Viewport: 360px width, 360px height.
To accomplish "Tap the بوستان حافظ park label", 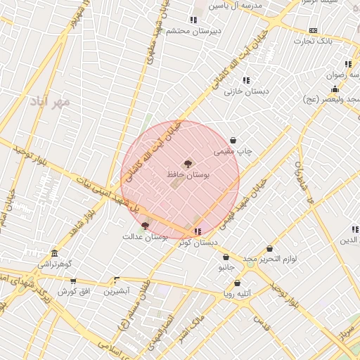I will click(x=185, y=172).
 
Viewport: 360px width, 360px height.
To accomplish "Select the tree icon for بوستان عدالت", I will click(x=145, y=225).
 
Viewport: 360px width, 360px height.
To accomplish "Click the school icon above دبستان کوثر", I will click(x=198, y=231).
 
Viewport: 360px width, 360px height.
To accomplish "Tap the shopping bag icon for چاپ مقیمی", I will click(x=233, y=141).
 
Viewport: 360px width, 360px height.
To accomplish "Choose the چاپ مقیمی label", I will click(x=233, y=151).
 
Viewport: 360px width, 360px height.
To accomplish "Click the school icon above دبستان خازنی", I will click(x=245, y=80).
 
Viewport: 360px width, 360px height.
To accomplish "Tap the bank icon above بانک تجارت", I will click(x=313, y=30).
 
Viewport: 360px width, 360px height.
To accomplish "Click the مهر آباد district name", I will click(x=51, y=102).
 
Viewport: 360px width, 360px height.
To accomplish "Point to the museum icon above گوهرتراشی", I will click(x=55, y=253).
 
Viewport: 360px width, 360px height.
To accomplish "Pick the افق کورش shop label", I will click(x=72, y=290).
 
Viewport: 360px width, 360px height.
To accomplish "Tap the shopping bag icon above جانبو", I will click(x=226, y=257).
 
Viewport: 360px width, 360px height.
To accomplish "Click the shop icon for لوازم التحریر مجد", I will click(x=270, y=249).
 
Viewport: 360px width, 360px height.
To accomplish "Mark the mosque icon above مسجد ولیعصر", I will click(x=335, y=89).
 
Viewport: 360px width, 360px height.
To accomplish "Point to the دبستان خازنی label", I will click(x=243, y=91).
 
